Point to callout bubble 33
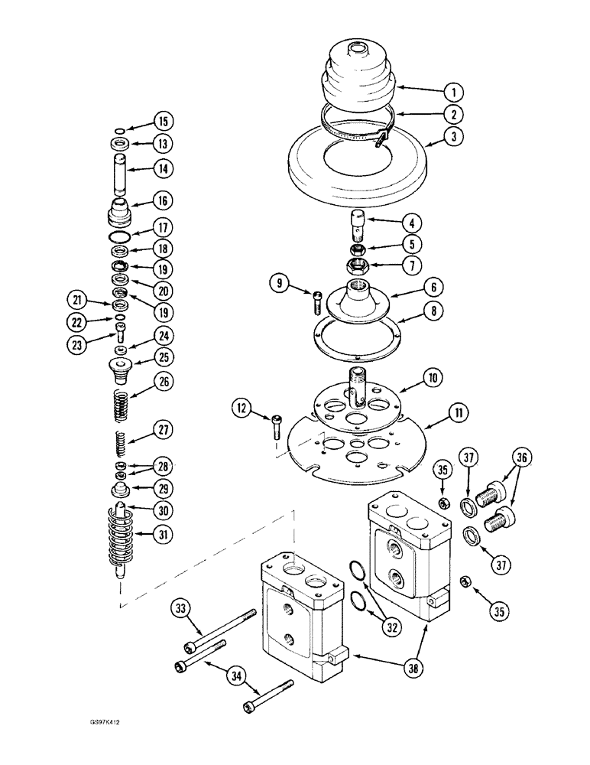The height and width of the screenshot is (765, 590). (180, 609)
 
